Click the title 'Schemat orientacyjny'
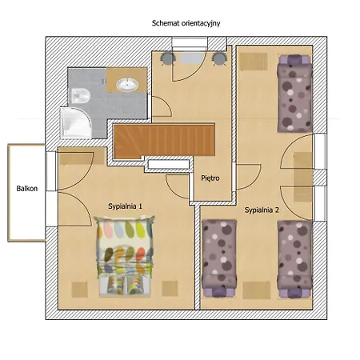186,23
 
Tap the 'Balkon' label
27,189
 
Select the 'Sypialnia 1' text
126,206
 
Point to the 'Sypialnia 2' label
262,210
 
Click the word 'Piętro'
210,178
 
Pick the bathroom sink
127,85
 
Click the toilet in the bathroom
80,96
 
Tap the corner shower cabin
76,123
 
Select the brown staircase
165,140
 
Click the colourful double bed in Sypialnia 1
125,255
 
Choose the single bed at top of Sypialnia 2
294,94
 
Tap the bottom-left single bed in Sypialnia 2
219,258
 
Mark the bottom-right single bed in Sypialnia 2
294,259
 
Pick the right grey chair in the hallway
219,58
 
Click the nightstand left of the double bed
79,290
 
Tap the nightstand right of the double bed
170,288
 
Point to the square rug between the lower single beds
257,290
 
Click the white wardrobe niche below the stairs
169,164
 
